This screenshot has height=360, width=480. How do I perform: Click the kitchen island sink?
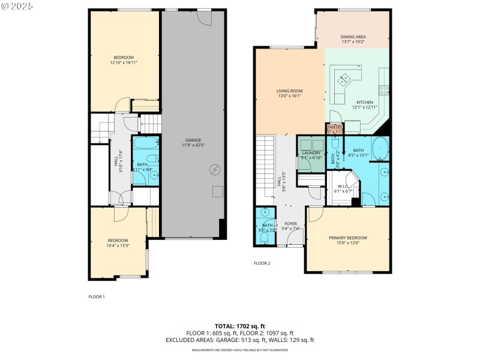(344, 79)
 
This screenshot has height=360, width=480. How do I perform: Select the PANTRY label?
(334, 127)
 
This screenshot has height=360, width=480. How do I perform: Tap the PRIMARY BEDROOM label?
(347, 238)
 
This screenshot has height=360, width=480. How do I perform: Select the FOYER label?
(291, 223)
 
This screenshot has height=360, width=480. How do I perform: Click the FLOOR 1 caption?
(97, 297)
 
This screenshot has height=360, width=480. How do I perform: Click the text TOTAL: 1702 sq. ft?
(239, 326)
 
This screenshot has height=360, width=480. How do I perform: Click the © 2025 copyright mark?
(17, 6)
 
